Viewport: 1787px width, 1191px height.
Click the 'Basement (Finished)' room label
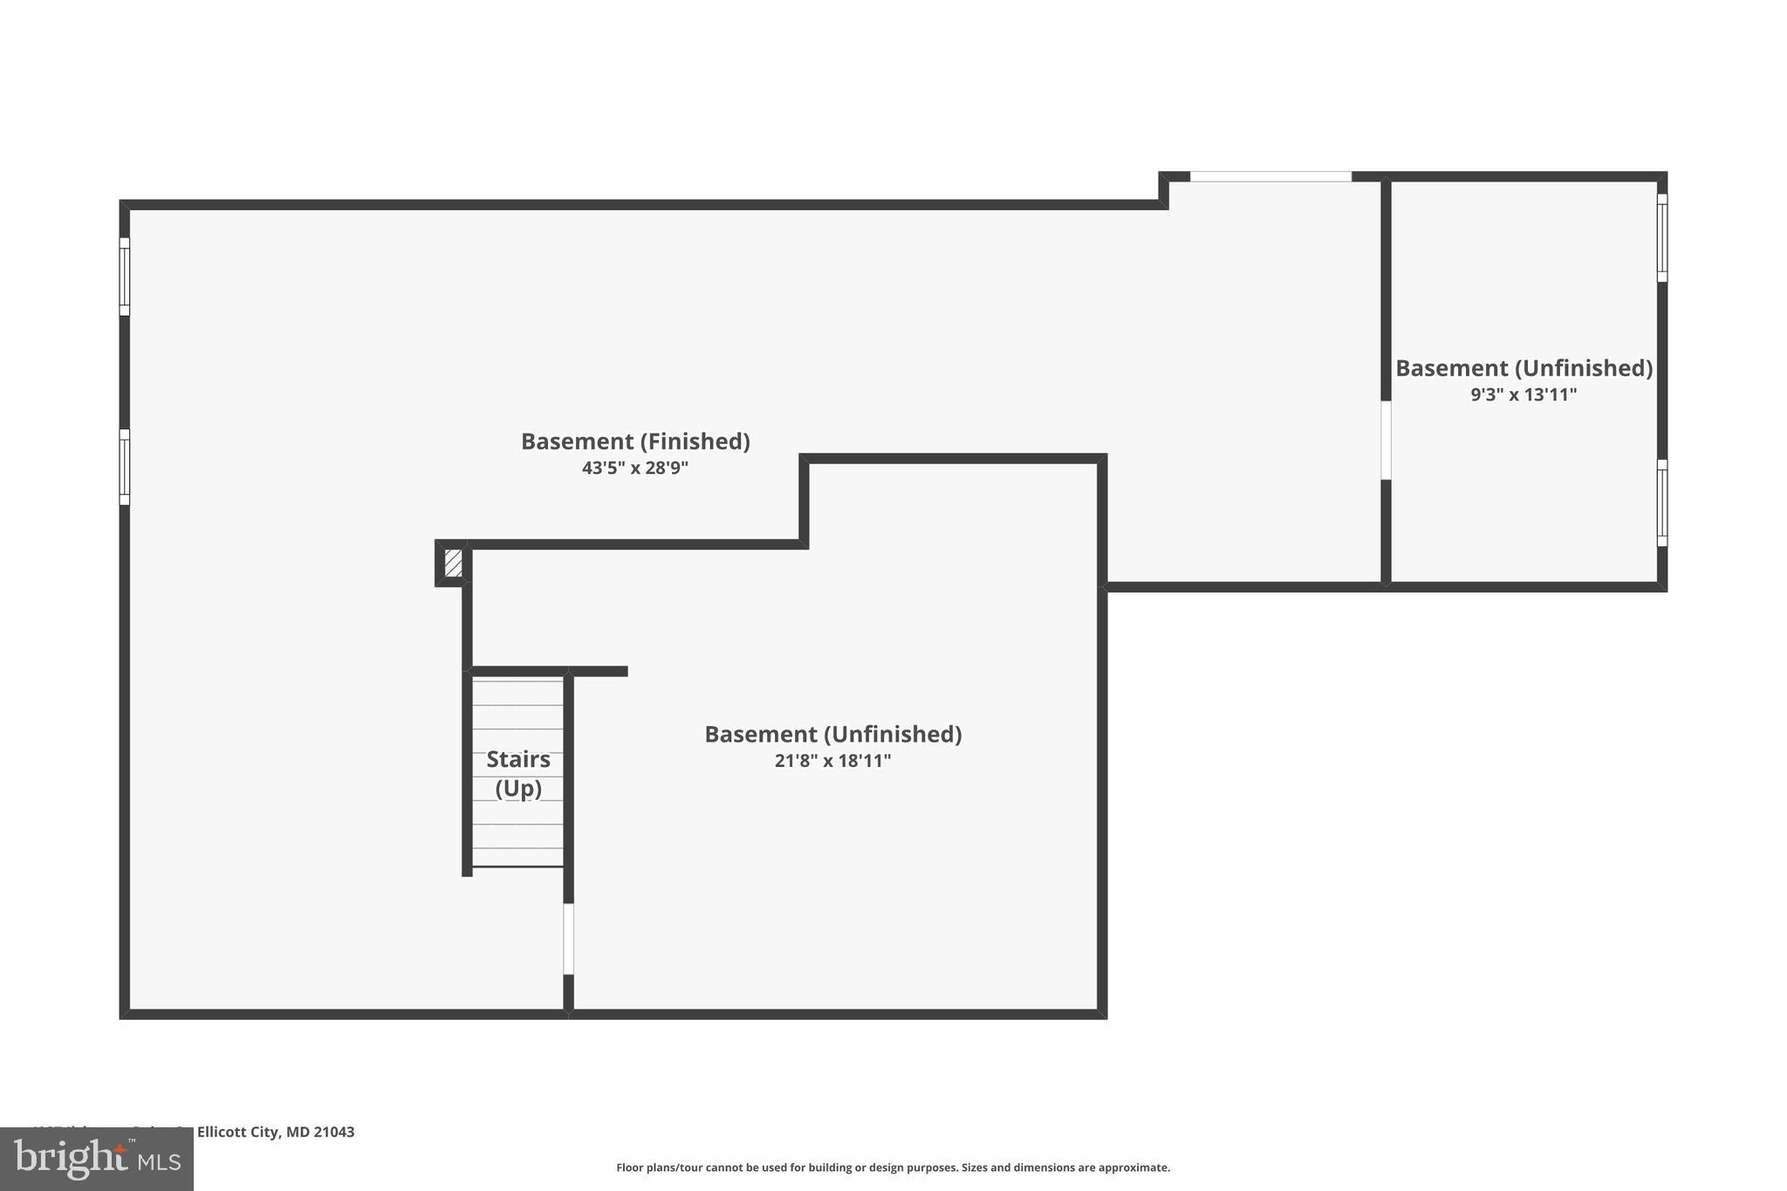tap(635, 441)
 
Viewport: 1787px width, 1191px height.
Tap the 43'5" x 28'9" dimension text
tap(635, 468)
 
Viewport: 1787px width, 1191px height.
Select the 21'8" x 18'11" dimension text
tap(832, 761)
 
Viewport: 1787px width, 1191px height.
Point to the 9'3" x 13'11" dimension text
tap(1523, 394)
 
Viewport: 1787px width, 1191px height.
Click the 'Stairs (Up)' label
tap(518, 773)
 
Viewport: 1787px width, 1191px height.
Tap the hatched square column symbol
tap(453, 563)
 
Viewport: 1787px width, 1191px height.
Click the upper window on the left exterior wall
tap(125, 277)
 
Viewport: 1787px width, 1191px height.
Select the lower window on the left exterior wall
tap(125, 467)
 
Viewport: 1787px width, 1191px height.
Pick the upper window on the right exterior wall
tap(1661, 238)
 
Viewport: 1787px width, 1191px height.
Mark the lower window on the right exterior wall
tap(1661, 503)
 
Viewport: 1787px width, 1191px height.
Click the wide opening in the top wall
tap(1270, 177)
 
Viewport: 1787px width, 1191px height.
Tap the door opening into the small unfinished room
tap(1386, 441)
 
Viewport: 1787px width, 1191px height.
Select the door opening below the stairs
tap(568, 939)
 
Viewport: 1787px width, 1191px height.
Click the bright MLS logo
tap(97, 1160)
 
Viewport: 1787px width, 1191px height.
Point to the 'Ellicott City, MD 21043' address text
tap(276, 1133)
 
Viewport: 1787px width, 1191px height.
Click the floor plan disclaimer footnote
tap(893, 1167)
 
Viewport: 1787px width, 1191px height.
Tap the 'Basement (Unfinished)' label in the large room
tap(832, 735)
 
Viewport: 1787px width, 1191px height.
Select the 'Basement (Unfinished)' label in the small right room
tap(1523, 368)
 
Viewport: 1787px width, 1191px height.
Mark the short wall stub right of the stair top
tap(599, 671)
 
